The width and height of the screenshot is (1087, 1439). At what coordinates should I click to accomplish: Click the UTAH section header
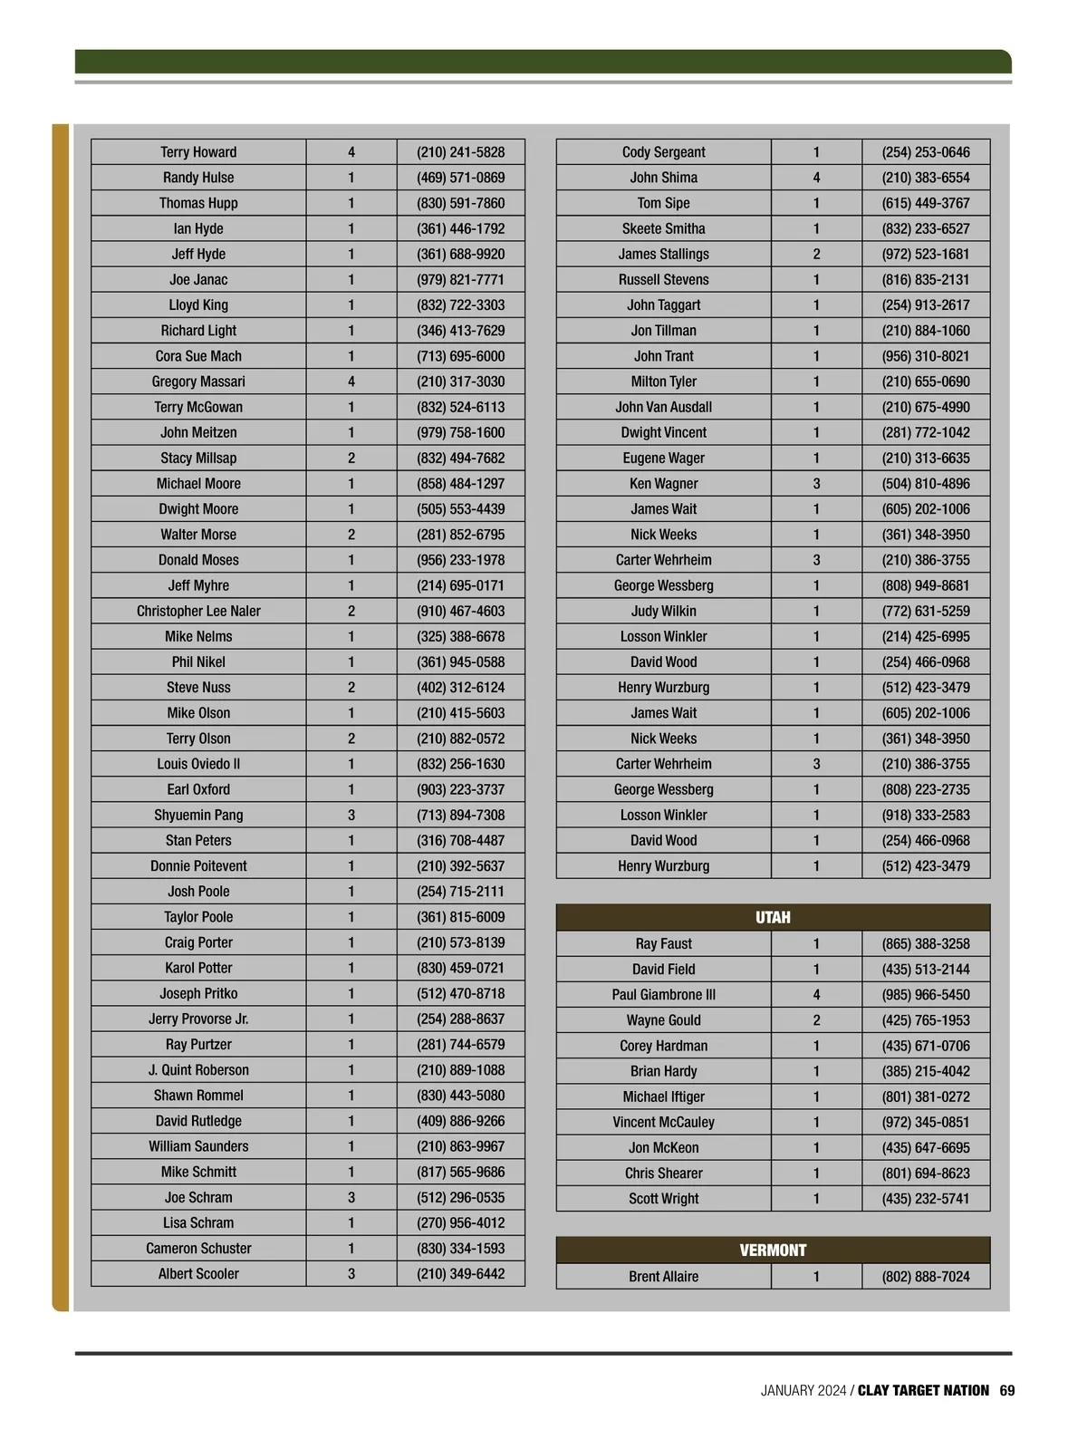point(773,917)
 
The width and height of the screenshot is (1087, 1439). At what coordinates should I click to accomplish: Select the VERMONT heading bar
point(773,1251)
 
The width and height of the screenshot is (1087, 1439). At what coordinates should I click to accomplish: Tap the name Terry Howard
point(198,152)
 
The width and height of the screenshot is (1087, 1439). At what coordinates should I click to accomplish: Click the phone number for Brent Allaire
point(925,1277)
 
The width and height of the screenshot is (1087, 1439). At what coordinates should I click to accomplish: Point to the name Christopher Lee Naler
point(198,611)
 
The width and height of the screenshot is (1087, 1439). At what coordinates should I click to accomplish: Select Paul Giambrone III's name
point(663,994)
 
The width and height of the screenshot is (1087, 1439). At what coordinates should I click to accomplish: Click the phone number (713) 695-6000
point(460,356)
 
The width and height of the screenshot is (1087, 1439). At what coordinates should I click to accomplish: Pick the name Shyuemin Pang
point(198,815)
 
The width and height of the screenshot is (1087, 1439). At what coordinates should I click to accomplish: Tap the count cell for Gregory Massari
point(351,381)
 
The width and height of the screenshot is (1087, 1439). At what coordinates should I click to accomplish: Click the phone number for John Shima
point(925,178)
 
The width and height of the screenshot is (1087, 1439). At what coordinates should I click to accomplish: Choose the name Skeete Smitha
point(663,228)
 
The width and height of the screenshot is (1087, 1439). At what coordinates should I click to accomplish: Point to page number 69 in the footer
point(1007,1390)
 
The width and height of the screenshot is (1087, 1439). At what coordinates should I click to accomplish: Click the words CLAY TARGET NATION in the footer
point(923,1390)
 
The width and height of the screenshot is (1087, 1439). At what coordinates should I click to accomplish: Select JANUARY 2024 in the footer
point(803,1390)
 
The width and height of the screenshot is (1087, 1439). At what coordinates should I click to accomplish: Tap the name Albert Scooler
point(198,1273)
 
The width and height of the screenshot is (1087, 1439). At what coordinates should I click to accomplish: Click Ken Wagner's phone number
point(925,483)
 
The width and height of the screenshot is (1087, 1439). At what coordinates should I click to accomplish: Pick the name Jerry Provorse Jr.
point(198,1019)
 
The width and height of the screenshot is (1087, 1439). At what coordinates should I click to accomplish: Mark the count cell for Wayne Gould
point(816,1019)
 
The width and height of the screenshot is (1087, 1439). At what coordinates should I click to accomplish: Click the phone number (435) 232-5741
point(925,1198)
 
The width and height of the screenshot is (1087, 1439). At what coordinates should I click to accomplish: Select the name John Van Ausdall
point(663,407)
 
